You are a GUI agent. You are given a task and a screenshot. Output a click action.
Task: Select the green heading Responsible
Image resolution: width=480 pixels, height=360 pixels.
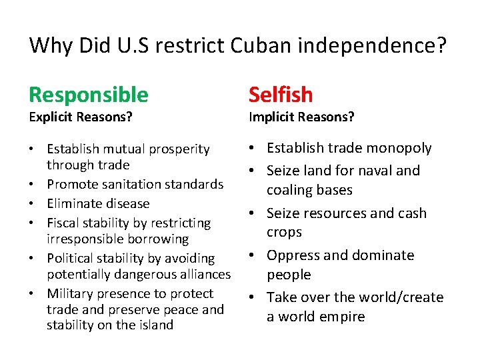[x=89, y=95]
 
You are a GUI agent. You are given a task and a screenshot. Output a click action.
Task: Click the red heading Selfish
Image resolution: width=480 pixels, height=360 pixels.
[x=281, y=95]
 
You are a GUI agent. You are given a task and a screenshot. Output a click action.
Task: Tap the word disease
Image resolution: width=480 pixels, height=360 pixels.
[x=127, y=203]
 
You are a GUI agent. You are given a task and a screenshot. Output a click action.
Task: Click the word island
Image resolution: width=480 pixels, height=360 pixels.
[x=157, y=325]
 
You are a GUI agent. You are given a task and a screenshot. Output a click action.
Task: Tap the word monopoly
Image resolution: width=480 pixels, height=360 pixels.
[x=399, y=148]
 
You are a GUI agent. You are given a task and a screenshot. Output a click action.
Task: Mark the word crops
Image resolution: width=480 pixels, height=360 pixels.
[x=285, y=232]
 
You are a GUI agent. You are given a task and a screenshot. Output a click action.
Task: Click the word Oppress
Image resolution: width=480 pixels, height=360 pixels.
[x=293, y=255]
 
